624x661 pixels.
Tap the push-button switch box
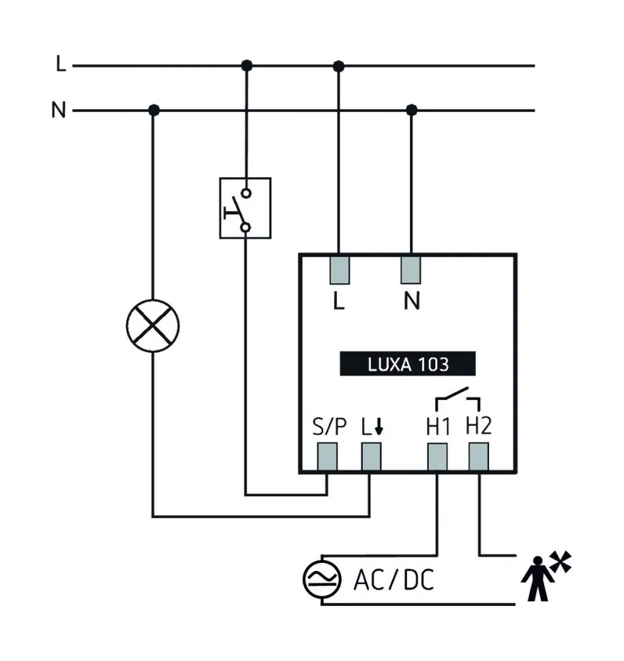[245, 208]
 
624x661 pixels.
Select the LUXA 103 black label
[408, 364]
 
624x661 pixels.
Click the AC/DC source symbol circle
[322, 581]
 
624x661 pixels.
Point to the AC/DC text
[393, 581]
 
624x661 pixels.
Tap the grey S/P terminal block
[328, 456]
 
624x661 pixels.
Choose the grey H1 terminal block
[436, 456]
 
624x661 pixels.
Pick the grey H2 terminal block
[478, 456]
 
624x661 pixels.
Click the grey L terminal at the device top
[340, 269]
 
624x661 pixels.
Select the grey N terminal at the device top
[411, 269]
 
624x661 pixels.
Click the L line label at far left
[61, 65]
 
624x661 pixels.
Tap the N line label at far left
[59, 110]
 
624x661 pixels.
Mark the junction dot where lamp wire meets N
[153, 110]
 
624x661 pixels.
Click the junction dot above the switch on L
[247, 65]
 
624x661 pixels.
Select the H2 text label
[478, 426]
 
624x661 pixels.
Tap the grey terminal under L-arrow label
[370, 456]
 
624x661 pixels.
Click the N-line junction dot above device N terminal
[411, 110]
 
